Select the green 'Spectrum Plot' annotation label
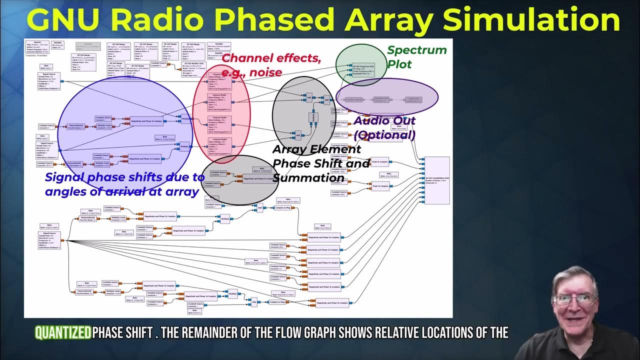[x=416, y=57]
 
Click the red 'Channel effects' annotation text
[x=271, y=58]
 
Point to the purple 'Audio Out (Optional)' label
[x=384, y=128]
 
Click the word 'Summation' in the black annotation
[x=308, y=178]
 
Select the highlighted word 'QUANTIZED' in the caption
[x=63, y=333]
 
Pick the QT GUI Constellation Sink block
[x=436, y=180]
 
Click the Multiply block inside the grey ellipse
[x=312, y=117]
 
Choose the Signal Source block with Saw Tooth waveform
[x=48, y=81]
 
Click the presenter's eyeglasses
[x=575, y=300]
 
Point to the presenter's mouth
[x=575, y=318]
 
